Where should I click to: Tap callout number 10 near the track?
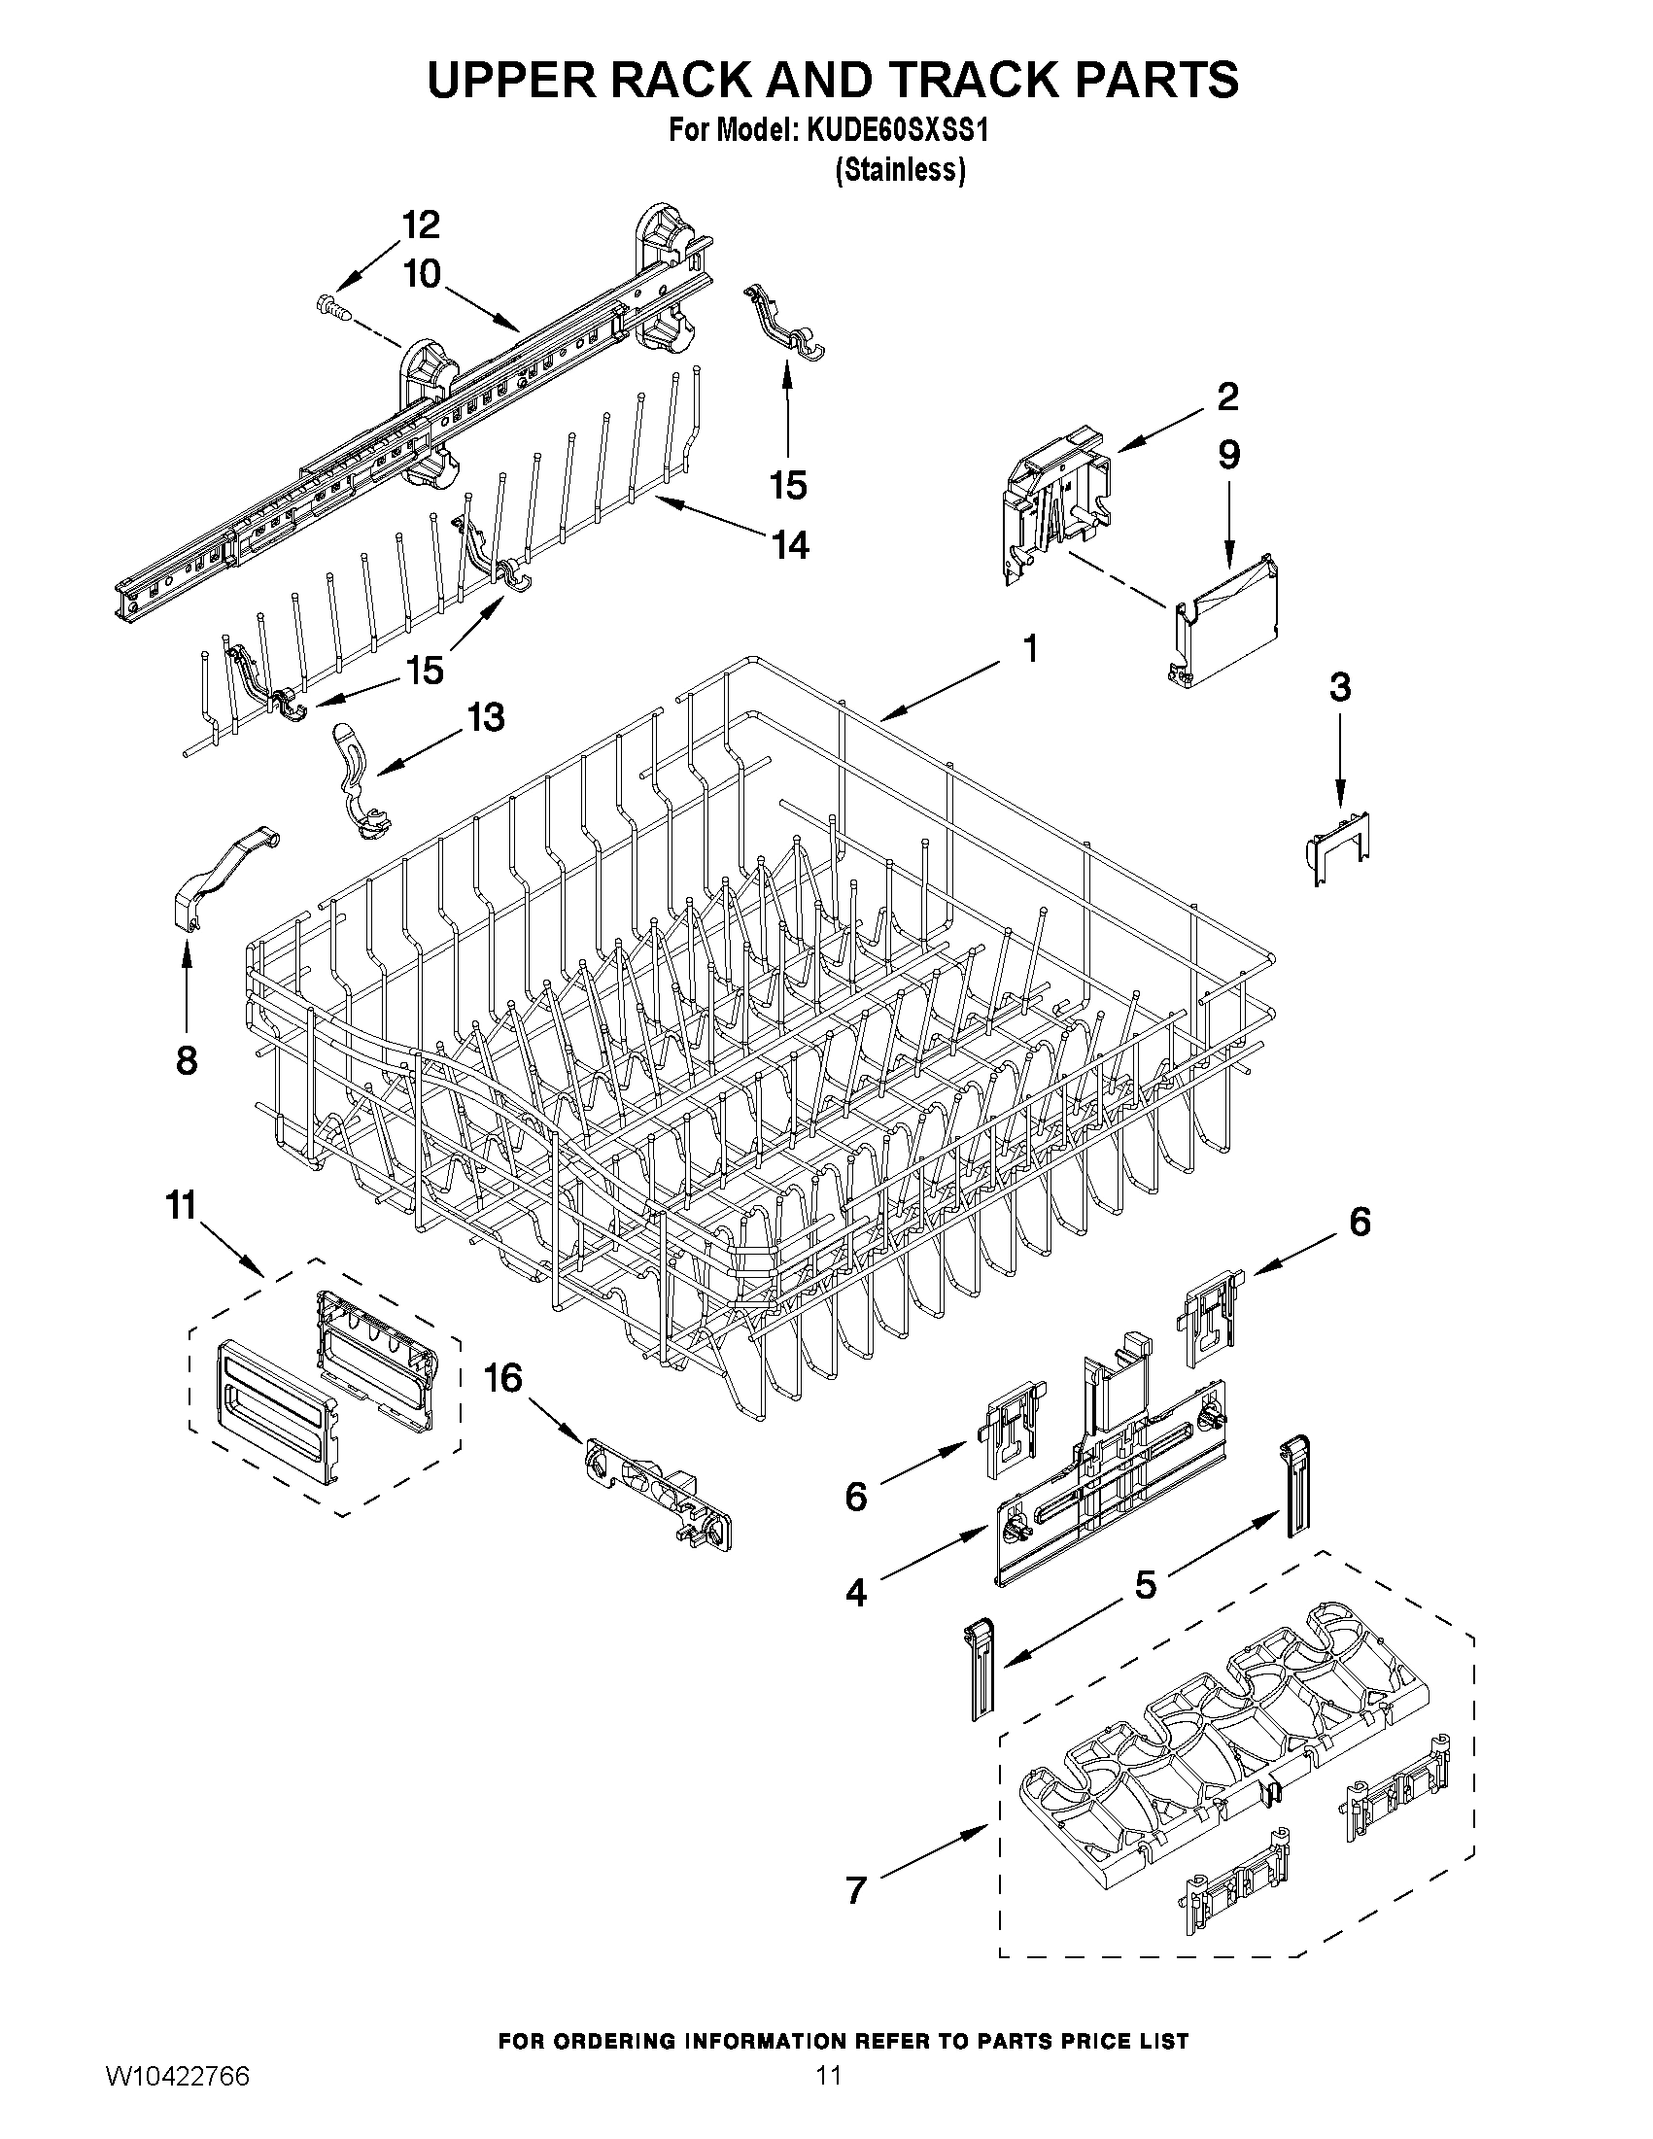point(422,274)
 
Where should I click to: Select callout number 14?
point(790,544)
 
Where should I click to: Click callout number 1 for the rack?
point(1029,648)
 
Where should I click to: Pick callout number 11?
point(182,1206)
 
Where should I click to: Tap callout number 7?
point(856,1889)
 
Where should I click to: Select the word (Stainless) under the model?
point(900,170)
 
